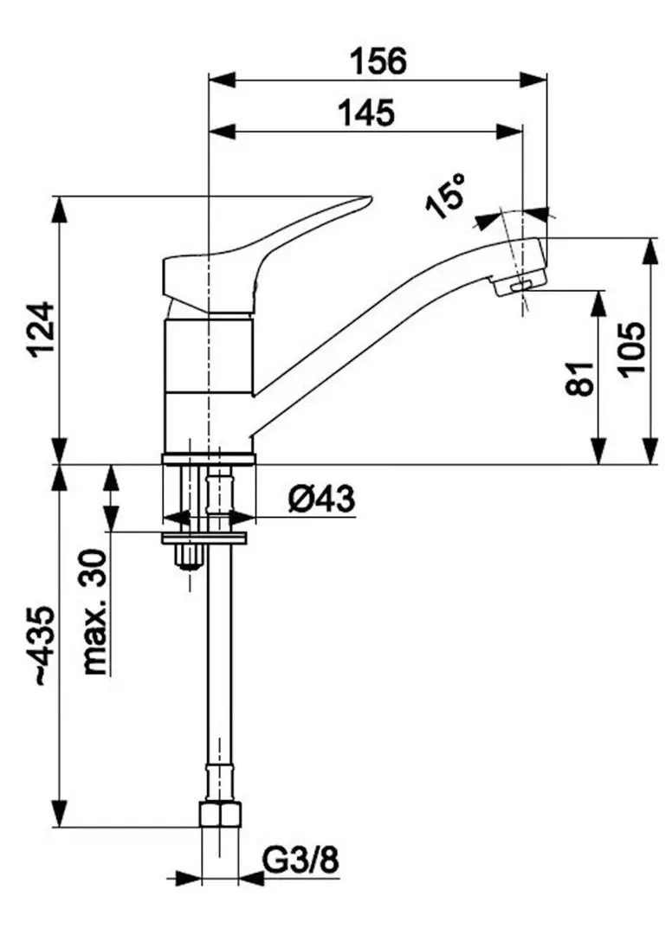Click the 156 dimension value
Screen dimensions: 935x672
coord(378,62)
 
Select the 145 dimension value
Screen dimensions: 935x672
coord(366,113)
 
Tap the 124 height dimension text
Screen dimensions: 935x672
coord(42,329)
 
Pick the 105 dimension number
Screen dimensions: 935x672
coord(633,349)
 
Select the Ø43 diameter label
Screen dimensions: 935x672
coord(322,500)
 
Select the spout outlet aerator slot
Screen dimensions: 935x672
coord(522,286)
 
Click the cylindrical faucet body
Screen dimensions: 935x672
coord(209,381)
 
